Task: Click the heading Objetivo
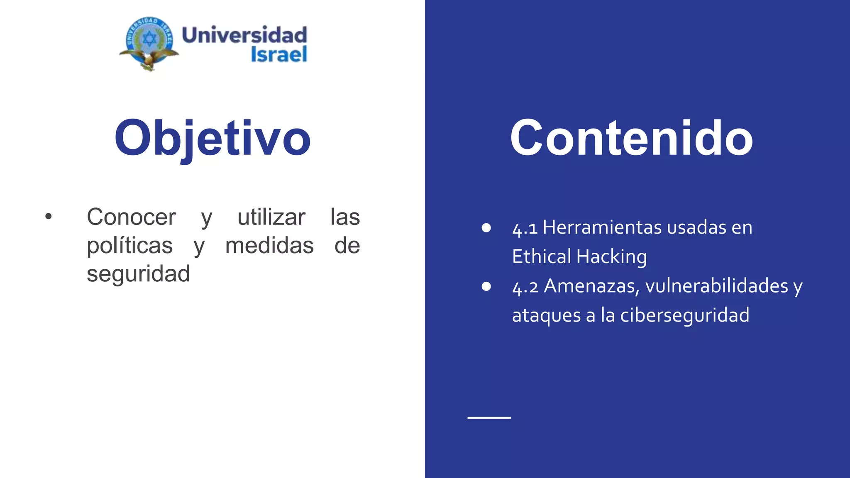pos(212,139)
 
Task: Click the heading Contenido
pos(631,138)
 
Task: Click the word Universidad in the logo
pos(244,35)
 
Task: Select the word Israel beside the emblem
pos(279,54)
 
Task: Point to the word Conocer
pos(131,217)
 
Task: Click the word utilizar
pos(271,217)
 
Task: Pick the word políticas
pos(129,246)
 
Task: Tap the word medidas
pos(269,246)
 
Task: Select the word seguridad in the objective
pos(138,274)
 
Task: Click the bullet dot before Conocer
pos(49,216)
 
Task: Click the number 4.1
pos(525,228)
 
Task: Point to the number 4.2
pos(525,287)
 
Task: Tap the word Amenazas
pos(591,286)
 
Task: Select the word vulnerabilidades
pos(717,286)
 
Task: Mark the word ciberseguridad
pos(685,315)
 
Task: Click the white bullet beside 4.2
pos(486,286)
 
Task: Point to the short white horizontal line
pos(489,417)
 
